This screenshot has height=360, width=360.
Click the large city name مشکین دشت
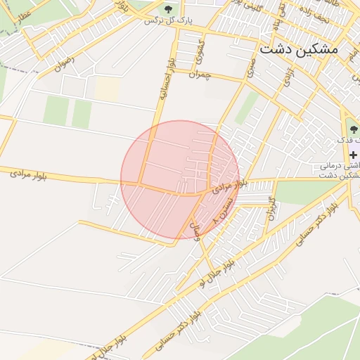[298, 49]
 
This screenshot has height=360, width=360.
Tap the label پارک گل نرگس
[168, 21]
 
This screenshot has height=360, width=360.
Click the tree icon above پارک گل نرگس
[168, 8]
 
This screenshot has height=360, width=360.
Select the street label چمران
[200, 74]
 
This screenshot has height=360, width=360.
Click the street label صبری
[251, 67]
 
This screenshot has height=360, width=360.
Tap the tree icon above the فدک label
[352, 129]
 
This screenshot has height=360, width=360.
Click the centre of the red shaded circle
[180, 179]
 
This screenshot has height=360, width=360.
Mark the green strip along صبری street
[247, 105]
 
